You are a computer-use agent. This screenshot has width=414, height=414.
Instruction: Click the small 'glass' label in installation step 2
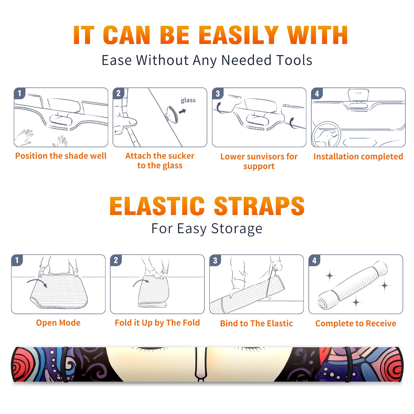pos(188,100)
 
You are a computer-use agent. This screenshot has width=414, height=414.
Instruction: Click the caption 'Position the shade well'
pos(61,156)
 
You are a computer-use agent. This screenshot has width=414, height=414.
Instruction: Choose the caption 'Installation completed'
pos(358,157)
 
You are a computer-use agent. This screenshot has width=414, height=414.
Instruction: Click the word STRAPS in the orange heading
pos(259,206)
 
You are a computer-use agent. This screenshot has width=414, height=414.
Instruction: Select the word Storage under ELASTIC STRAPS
pos(237,229)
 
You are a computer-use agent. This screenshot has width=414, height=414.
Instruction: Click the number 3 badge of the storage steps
pos(215,260)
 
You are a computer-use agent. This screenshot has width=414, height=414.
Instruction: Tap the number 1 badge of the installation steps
pos(19,93)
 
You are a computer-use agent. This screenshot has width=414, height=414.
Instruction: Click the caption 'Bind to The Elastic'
pos(256,323)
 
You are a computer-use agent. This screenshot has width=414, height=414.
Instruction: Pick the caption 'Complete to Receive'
pos(356,323)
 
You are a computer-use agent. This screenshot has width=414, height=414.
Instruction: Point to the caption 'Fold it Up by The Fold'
pos(157,323)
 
